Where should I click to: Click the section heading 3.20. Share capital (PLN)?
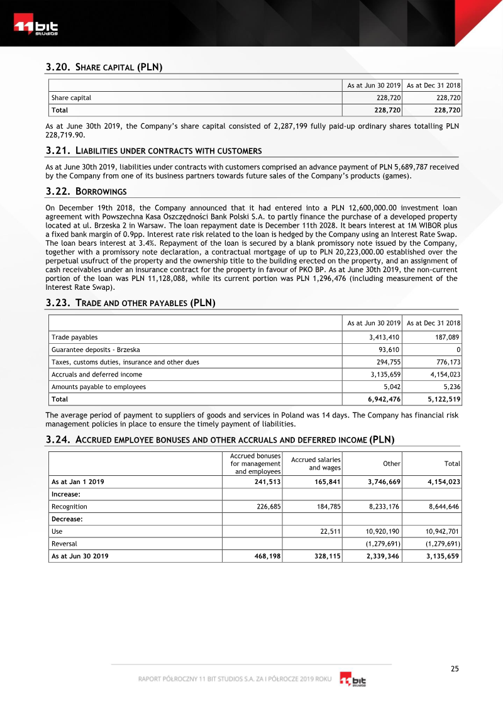pos(104,67)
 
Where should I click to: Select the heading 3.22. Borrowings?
pos(86,191)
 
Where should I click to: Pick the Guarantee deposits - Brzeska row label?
pos(96,350)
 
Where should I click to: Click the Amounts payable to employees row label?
pos(98,387)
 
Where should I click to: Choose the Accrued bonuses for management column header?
pos(255,463)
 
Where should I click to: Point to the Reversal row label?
pos(64,543)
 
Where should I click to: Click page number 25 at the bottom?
pos(455,669)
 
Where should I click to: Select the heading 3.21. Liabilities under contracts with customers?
pos(153,151)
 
